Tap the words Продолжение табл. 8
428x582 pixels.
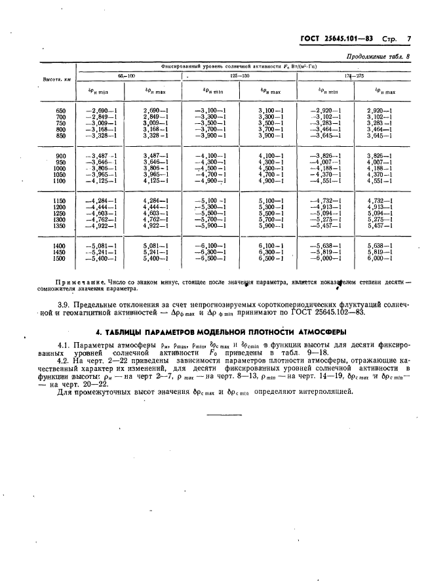pyautogui.click(x=376, y=57)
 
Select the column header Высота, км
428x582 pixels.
pyautogui.click(x=57, y=79)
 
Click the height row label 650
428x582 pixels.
pyautogui.click(x=62, y=111)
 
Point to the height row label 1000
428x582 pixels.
pyautogui.click(x=60, y=168)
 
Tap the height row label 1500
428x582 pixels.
pyautogui.click(x=60, y=258)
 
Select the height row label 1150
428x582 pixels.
pyautogui.click(x=60, y=201)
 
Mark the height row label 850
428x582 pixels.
pyautogui.click(x=62, y=136)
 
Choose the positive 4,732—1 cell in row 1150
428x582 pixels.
pyautogui.click(x=380, y=201)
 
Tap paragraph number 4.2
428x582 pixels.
pyautogui.click(x=66, y=360)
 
